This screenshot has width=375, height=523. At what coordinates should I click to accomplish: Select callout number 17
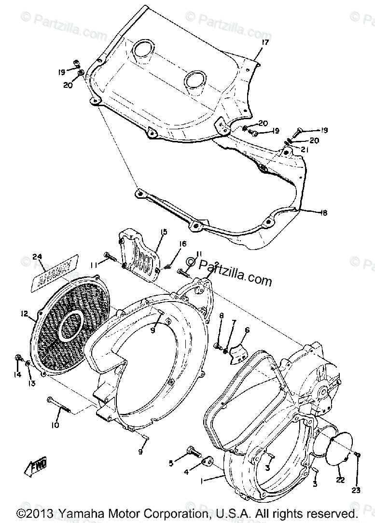264,43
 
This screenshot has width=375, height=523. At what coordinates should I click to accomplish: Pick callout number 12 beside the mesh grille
24,314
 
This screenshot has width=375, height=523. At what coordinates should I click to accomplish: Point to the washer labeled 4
209,462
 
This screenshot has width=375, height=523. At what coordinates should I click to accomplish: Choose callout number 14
18,374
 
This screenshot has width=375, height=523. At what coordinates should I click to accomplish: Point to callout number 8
222,316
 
